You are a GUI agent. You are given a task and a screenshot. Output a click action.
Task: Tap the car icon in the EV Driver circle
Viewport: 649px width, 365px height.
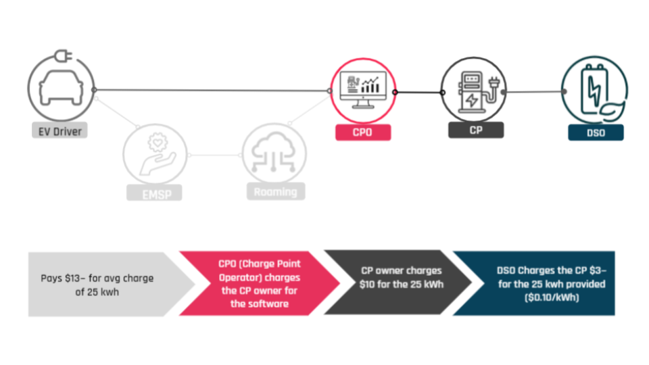(x=59, y=88)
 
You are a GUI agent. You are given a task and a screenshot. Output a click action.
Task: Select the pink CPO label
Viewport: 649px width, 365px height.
(x=362, y=132)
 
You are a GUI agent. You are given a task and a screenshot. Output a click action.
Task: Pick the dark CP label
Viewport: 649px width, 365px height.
(x=476, y=129)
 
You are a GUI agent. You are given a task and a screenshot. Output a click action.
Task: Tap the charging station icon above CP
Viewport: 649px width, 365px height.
(x=473, y=90)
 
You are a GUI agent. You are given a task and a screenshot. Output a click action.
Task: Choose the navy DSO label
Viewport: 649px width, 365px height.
(x=595, y=132)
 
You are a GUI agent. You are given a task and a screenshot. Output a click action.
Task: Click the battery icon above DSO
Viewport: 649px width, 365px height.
(x=595, y=90)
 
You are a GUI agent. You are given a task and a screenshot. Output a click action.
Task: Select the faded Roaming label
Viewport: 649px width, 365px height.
(x=275, y=191)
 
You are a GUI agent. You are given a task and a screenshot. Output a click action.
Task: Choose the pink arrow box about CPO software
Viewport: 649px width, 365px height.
(x=257, y=283)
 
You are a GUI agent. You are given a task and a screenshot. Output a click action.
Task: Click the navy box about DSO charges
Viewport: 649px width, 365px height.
(x=541, y=284)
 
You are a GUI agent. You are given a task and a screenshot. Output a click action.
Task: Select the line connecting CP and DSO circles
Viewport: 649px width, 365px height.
(x=535, y=91)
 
